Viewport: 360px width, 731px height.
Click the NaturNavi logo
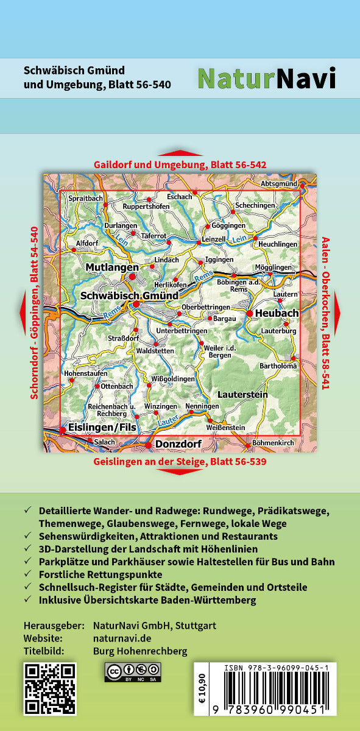tap(266, 79)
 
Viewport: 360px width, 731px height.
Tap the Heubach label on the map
tap(277, 313)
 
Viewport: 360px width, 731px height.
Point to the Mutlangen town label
tap(108, 267)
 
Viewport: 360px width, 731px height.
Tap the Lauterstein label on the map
tap(242, 395)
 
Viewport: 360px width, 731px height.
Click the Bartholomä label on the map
tap(278, 366)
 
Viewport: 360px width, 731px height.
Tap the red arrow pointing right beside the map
tap(337, 313)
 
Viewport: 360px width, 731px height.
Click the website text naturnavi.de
tap(121, 638)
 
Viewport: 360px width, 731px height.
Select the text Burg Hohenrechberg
tap(140, 651)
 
